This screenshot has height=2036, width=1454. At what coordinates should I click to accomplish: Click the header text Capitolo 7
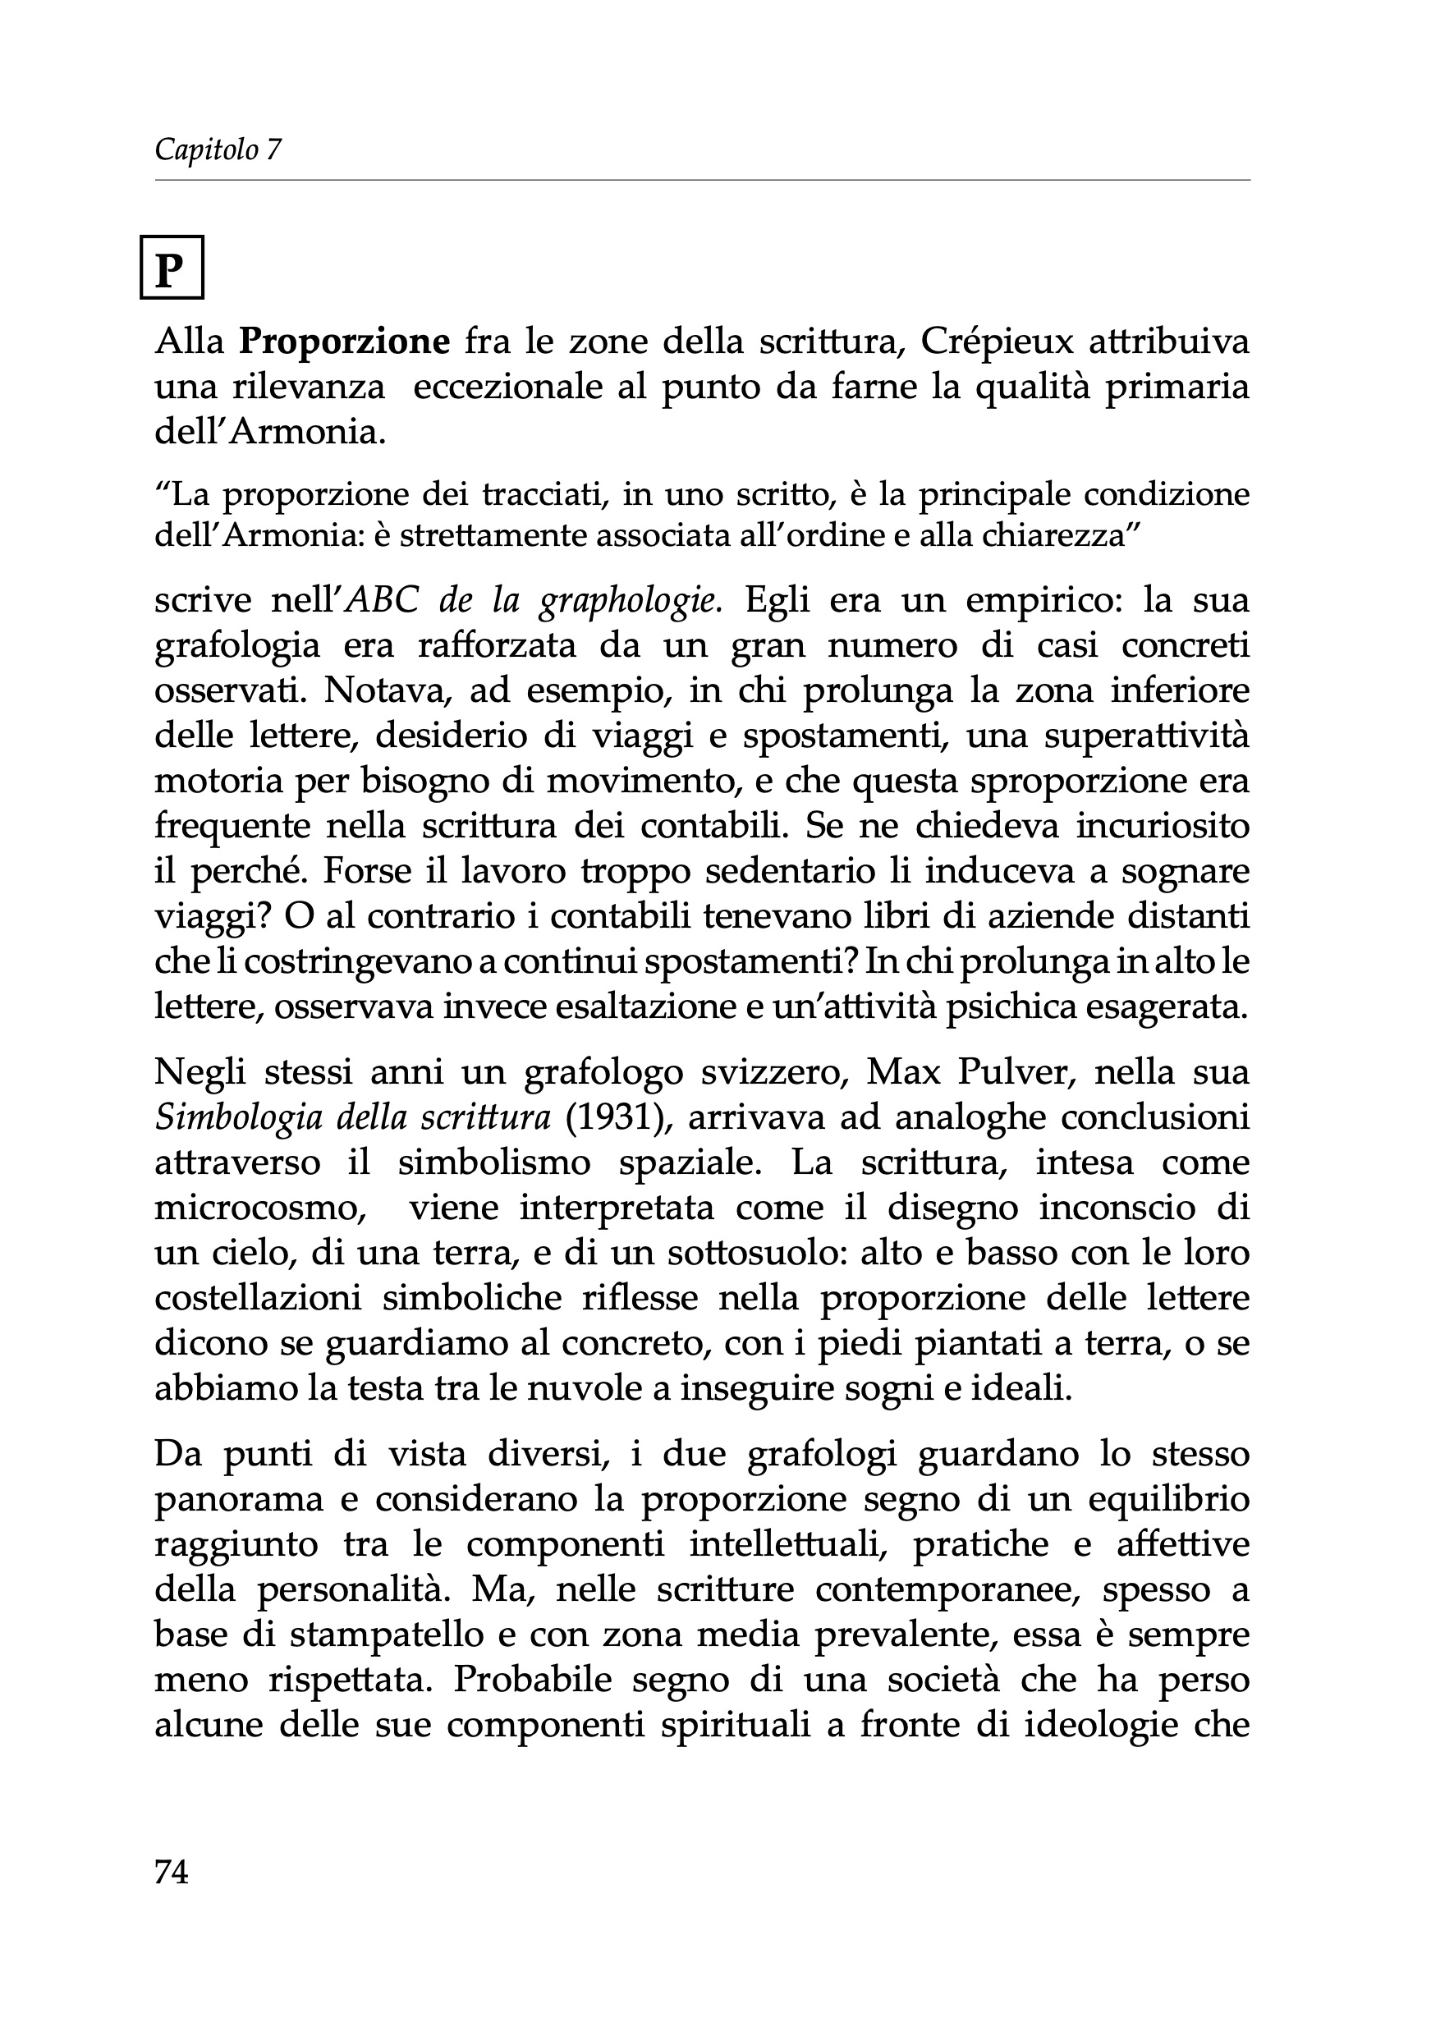pos(218,149)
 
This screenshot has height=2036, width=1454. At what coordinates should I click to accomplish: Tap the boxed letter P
pos(171,268)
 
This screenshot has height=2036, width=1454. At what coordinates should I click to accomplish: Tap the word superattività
pos(1147,736)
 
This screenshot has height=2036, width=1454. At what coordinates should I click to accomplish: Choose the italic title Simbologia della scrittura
pos(353,1117)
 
